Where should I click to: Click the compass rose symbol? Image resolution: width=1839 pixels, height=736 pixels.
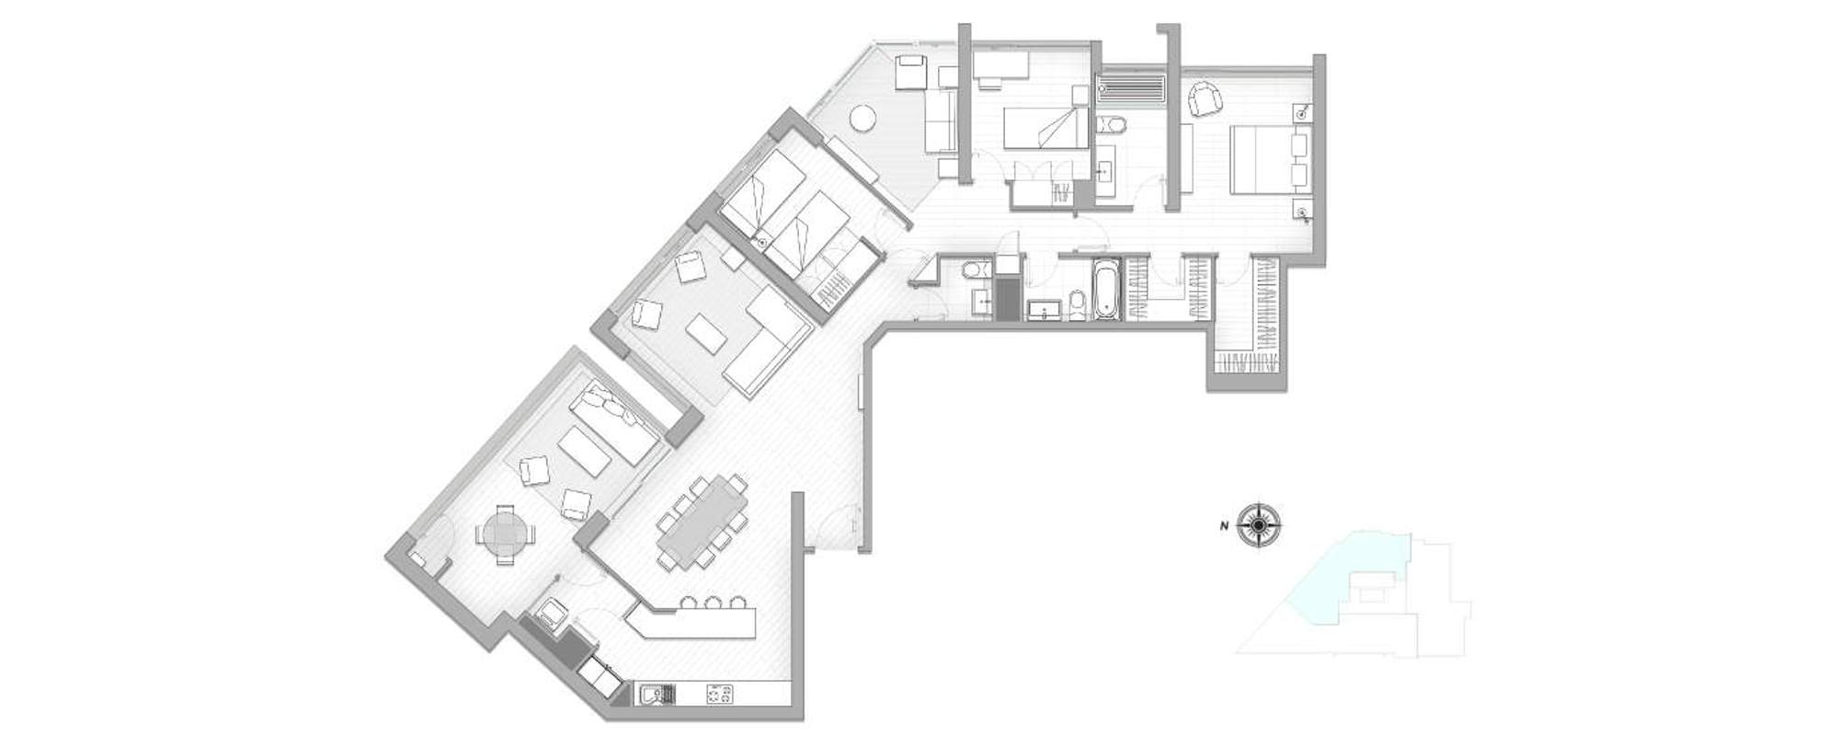[1257, 526]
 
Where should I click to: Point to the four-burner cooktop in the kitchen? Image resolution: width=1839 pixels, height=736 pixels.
[719, 694]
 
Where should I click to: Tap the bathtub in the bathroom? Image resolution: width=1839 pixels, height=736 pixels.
[1104, 290]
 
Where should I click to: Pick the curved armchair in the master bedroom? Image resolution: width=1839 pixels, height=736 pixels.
[1205, 99]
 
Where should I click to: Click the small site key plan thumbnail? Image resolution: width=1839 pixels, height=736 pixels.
[1352, 593]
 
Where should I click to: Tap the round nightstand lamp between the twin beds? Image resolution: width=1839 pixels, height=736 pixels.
[761, 242]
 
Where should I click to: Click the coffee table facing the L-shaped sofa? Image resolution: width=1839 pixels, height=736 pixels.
[706, 333]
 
